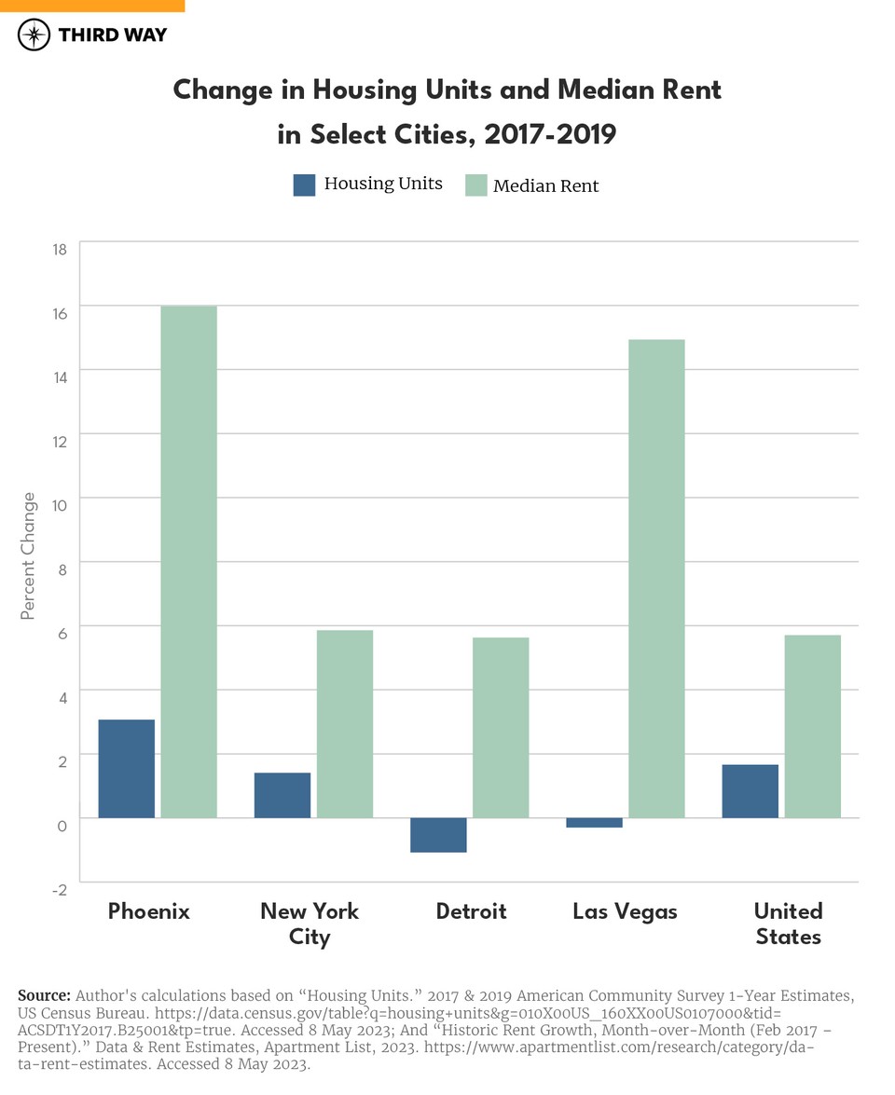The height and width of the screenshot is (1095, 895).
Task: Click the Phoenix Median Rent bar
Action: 189,562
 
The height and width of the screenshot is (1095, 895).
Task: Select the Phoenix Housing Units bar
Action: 127,769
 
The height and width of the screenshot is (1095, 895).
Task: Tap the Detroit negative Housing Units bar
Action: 438,835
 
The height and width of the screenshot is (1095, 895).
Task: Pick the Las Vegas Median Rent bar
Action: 656,579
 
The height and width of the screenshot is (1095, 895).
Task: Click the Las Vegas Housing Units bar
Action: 594,823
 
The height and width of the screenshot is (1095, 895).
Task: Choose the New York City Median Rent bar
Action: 345,724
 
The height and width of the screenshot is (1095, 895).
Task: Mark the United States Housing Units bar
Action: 750,791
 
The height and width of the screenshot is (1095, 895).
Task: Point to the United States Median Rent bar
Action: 813,726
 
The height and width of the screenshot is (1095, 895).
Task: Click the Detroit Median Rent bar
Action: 501,728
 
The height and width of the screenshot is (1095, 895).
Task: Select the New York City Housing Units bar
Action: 282,795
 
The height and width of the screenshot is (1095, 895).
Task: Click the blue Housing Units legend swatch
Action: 305,185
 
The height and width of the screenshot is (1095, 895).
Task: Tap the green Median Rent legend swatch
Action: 476,185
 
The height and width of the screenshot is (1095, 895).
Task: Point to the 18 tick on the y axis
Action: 60,249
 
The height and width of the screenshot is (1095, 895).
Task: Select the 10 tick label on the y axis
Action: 60,505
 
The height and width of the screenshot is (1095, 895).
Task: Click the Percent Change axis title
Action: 29,555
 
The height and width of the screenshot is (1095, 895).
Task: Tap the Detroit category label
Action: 471,911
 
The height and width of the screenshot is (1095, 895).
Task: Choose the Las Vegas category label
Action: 625,911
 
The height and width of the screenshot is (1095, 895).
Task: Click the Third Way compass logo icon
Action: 34,35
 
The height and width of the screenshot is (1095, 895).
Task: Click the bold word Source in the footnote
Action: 44,994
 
